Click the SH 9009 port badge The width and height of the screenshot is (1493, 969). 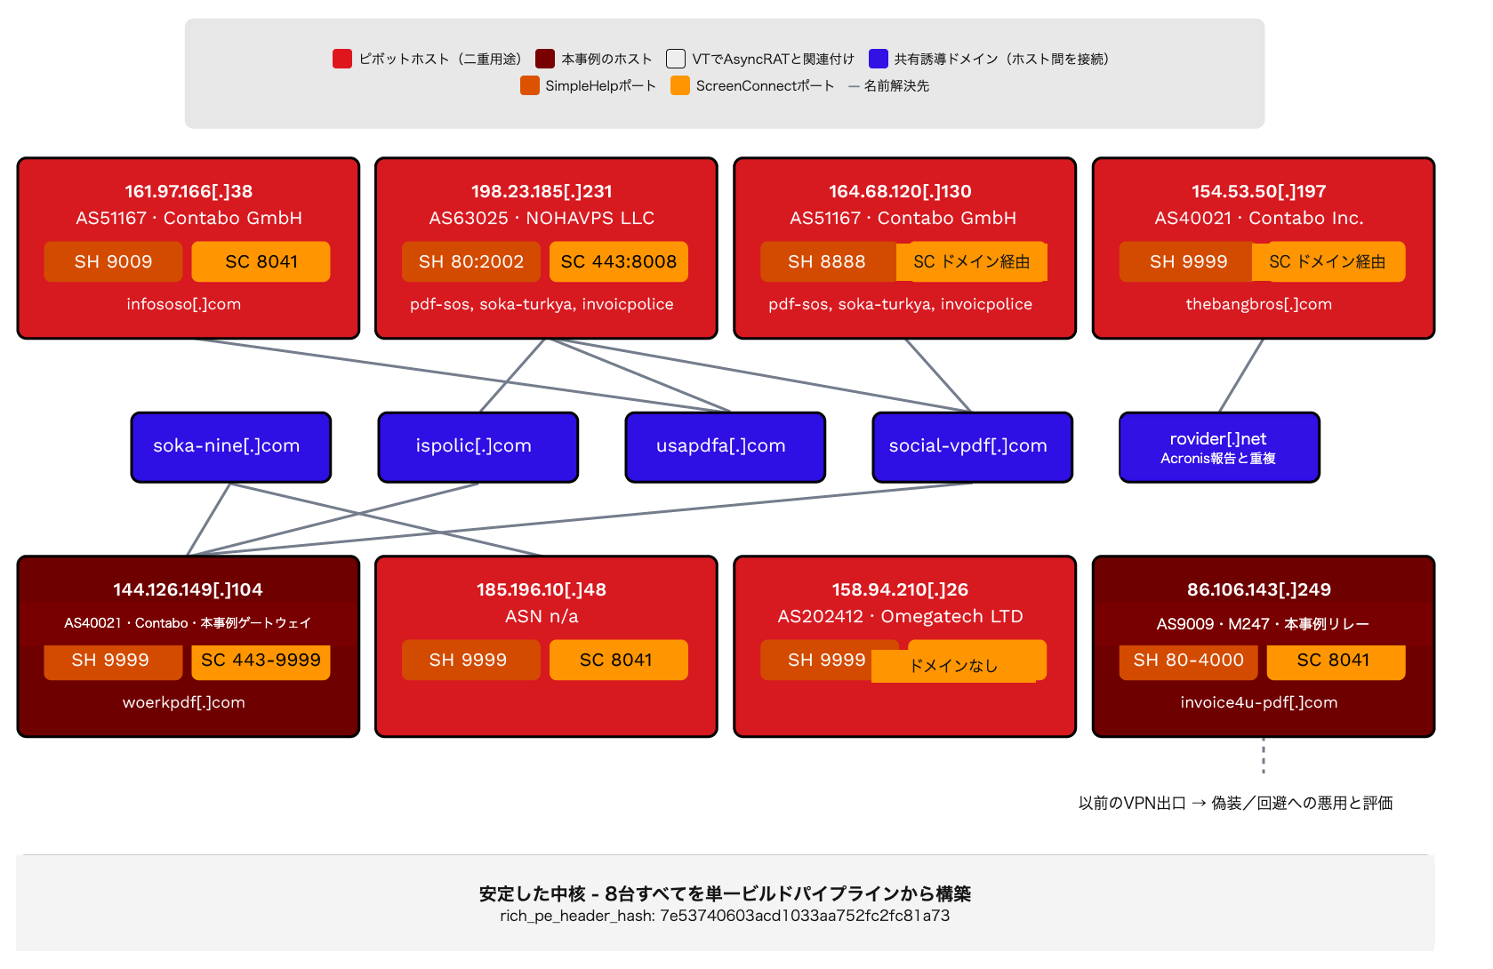113,261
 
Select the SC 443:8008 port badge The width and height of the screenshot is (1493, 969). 619,261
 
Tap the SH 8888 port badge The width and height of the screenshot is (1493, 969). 828,261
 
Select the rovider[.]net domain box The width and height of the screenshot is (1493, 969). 1220,447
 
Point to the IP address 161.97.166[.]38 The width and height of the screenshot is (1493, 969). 189,191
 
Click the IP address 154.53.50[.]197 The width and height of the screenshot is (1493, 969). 1259,191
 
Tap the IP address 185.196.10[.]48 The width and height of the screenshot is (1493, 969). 542,589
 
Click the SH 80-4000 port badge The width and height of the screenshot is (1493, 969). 1188,660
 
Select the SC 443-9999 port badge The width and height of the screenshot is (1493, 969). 261,660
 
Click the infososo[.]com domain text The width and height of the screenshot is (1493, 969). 184,304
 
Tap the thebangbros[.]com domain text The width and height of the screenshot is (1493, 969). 1259,304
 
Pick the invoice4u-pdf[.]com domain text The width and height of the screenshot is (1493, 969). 1259,702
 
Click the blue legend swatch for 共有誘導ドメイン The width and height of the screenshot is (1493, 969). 879,59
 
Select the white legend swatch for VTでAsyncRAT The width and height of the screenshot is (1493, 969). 676,59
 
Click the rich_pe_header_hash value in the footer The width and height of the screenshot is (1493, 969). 805,916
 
